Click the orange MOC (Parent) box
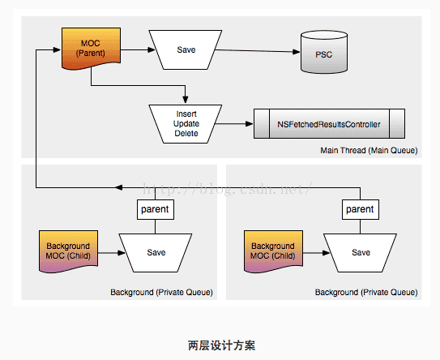click(x=92, y=49)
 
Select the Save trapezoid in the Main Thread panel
click(x=186, y=49)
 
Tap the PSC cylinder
click(x=324, y=52)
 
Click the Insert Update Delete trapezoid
click(x=186, y=124)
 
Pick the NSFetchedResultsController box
click(x=330, y=124)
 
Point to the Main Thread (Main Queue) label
click(x=369, y=151)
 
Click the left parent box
click(x=156, y=209)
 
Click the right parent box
click(x=361, y=209)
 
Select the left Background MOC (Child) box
click(x=68, y=251)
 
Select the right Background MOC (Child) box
click(x=273, y=251)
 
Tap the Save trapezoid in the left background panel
click(x=156, y=253)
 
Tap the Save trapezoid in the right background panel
click(x=361, y=253)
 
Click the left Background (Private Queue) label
click(x=161, y=293)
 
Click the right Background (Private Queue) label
click(x=366, y=293)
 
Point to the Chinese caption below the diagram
click(x=221, y=345)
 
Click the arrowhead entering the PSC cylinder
click(x=297, y=52)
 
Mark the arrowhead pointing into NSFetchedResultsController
click(x=250, y=123)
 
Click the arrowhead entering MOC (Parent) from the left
click(x=57, y=50)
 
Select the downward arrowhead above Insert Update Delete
click(x=186, y=100)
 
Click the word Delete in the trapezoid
click(x=186, y=134)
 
